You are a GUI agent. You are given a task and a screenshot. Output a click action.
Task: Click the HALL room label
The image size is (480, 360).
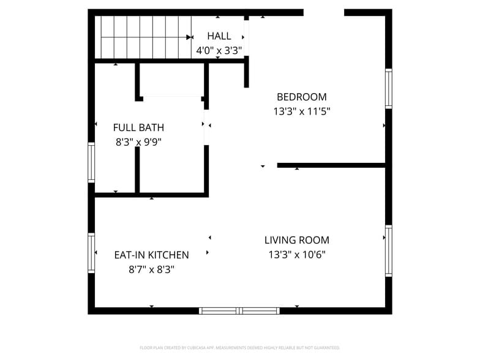219,36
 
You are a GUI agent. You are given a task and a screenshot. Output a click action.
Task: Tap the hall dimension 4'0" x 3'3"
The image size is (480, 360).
219,51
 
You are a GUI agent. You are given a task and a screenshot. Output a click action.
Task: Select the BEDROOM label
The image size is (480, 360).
301,97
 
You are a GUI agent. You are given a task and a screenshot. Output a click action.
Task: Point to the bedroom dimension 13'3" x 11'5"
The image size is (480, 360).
301,112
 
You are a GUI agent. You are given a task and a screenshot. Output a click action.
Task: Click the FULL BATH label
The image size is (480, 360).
138,127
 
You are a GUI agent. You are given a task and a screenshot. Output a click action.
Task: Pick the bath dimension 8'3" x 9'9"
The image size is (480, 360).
138,142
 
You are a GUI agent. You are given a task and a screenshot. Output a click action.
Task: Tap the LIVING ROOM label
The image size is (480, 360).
296,240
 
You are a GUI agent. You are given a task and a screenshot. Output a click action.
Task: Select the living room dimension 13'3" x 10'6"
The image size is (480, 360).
296,255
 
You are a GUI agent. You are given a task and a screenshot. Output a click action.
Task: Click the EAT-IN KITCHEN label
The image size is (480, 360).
151,255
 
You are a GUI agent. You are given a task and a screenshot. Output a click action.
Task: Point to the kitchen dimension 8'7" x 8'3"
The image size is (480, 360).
151,269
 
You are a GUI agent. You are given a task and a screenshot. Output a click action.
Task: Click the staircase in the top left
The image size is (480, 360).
144,37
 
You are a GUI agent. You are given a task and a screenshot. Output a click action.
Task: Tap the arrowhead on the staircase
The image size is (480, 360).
189,37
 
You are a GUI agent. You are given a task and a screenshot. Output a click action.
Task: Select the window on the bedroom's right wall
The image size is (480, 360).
388,89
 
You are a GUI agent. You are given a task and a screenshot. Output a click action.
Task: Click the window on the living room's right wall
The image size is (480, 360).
388,251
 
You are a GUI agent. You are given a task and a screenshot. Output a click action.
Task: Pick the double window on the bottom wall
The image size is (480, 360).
240,310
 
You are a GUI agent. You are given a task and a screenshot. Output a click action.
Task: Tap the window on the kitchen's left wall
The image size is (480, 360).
91,252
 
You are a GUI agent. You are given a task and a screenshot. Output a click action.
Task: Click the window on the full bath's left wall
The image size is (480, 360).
91,162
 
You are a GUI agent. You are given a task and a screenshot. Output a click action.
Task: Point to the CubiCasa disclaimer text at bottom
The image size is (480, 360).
239,348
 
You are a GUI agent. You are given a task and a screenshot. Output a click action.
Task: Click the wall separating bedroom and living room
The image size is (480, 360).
331,165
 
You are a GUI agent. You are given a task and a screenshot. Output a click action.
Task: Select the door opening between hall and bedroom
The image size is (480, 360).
247,37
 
